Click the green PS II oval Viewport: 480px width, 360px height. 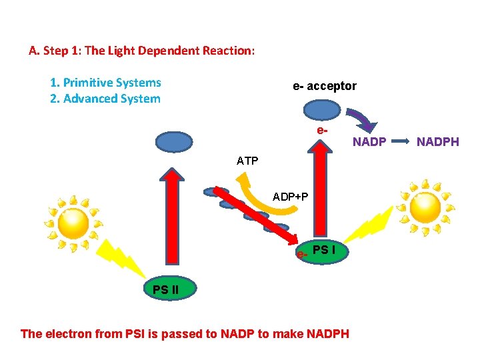click(170, 289)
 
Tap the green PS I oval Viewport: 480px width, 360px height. click(321, 252)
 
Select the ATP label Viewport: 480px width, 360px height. click(247, 161)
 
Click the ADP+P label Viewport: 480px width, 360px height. click(291, 197)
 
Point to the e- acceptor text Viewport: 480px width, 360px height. click(325, 86)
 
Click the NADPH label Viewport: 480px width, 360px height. click(438, 142)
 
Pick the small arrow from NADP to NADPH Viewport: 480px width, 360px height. click(402, 142)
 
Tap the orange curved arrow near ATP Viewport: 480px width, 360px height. click(267, 200)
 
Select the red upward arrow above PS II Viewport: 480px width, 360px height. click(173, 220)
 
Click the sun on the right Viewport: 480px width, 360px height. click(425, 207)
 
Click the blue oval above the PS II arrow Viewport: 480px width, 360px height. click(173, 142)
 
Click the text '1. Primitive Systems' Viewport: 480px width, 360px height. click(105, 83)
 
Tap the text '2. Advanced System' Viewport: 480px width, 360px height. click(105, 99)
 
